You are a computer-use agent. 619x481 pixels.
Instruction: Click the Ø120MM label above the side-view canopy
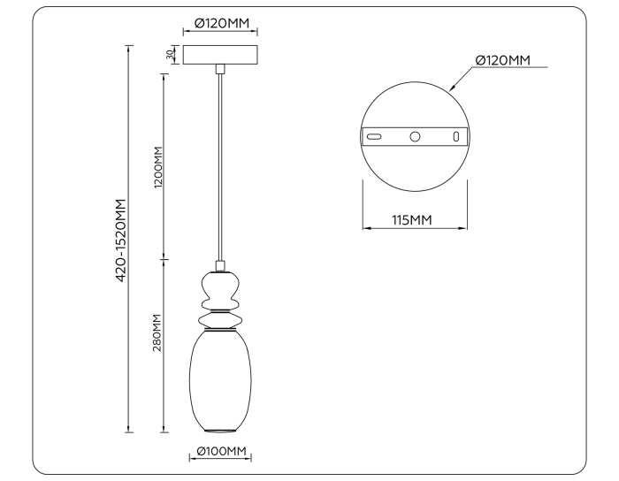tap(221, 24)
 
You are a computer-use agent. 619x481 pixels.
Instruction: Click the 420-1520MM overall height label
tap(121, 240)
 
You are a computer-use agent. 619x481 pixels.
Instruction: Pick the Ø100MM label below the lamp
tap(221, 452)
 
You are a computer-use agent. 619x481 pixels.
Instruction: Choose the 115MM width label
tap(413, 218)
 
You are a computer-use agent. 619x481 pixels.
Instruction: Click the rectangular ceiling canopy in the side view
tap(221, 54)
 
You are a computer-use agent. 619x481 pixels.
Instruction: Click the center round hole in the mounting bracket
tap(414, 137)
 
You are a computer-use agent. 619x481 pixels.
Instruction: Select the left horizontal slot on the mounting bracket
tap(375, 137)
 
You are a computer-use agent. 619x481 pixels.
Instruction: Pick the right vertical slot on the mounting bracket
tap(455, 137)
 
